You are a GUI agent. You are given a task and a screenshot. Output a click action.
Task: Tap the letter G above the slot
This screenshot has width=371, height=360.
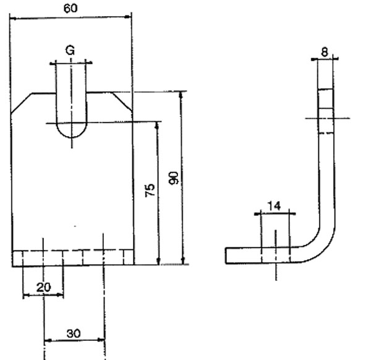(x=70, y=51)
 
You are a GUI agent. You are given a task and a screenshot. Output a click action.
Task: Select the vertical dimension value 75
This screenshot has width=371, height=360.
(x=150, y=190)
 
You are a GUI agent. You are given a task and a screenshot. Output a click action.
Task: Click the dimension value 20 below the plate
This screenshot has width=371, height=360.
(x=43, y=287)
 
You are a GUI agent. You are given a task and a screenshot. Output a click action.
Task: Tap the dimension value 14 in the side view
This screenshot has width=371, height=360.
(x=275, y=206)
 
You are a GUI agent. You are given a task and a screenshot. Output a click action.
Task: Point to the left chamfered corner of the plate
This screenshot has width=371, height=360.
(x=22, y=103)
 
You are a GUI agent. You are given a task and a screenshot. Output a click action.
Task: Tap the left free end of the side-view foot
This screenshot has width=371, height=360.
(x=228, y=255)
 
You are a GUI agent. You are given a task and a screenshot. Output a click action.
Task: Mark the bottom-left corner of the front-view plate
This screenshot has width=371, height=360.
(x=13, y=265)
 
